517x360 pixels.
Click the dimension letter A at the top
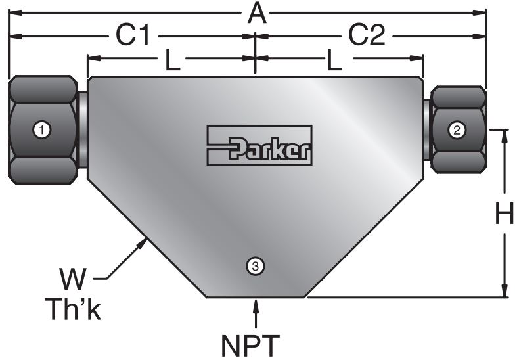(258, 12)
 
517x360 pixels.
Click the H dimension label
(504, 214)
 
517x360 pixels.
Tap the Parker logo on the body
(259, 145)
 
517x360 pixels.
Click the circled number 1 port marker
(42, 130)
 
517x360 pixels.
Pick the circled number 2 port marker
(457, 130)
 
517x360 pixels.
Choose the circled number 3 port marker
(256, 265)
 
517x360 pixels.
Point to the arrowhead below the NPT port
(256, 304)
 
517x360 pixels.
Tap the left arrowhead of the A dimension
(12, 12)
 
